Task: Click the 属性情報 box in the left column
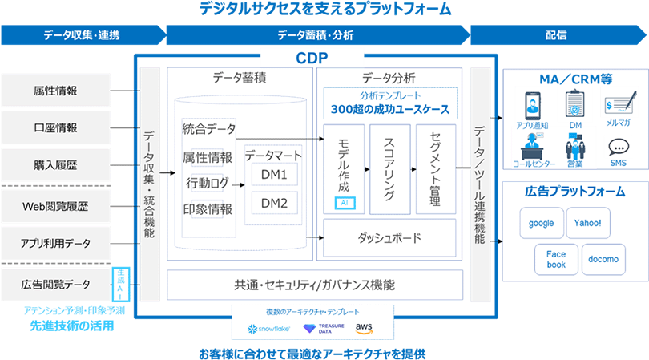pos(56,90)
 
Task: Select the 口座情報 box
pos(56,127)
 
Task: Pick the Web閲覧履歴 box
pos(56,206)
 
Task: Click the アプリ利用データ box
pos(56,243)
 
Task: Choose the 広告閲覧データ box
pos(56,283)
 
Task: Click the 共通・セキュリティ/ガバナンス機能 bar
pos(314,285)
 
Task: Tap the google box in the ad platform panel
pos(542,224)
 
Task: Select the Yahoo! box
pos(588,224)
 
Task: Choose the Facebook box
pos(556,259)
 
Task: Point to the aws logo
pos(365,327)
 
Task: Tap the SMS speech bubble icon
pos(618,148)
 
